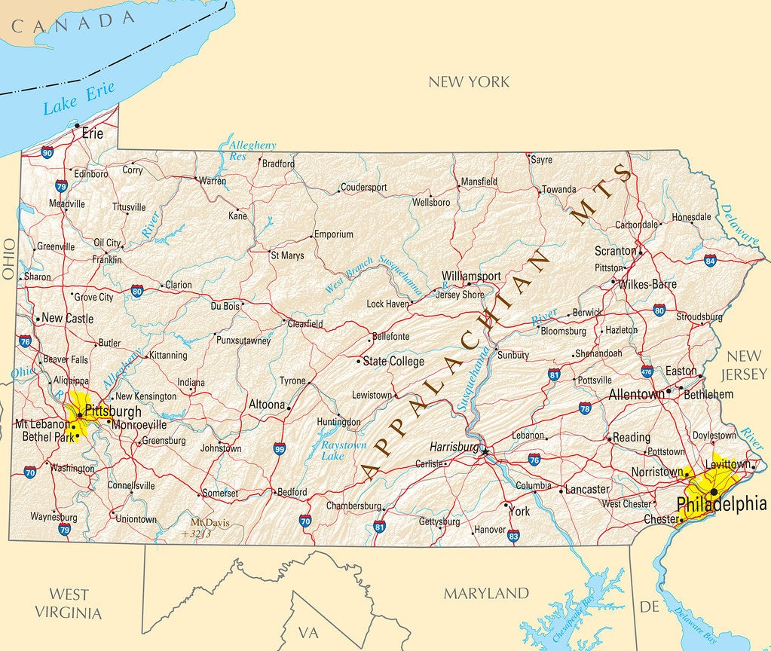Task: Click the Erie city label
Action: click(93, 133)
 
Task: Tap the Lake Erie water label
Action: click(78, 99)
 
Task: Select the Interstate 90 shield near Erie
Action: click(47, 152)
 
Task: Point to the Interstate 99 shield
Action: click(280, 449)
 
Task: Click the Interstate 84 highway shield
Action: click(710, 260)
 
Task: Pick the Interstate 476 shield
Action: click(647, 371)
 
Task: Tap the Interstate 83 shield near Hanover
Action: click(513, 536)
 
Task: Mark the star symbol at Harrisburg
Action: click(485, 451)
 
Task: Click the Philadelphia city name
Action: click(721, 504)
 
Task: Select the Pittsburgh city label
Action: click(113, 411)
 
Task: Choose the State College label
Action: click(393, 362)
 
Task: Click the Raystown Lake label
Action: click(343, 451)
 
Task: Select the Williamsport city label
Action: click(471, 277)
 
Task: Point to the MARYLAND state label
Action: click(486, 593)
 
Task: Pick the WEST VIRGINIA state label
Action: click(69, 603)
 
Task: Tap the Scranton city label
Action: click(616, 250)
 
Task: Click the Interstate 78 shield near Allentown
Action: click(586, 408)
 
